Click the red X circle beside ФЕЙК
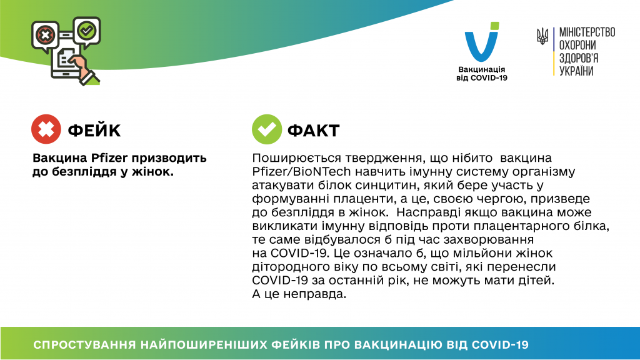click(x=46, y=129)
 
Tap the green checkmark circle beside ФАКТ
click(x=267, y=129)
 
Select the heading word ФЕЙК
click(x=94, y=131)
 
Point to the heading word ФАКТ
click(x=314, y=131)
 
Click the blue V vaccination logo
click(x=482, y=42)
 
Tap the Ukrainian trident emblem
click(x=542, y=36)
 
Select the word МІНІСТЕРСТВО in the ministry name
click(x=587, y=32)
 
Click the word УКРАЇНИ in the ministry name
click(x=576, y=71)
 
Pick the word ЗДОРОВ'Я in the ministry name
click(x=579, y=58)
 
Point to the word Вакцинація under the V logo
click(x=482, y=69)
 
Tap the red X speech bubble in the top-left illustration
click(x=45, y=36)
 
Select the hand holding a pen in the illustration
click(x=85, y=70)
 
